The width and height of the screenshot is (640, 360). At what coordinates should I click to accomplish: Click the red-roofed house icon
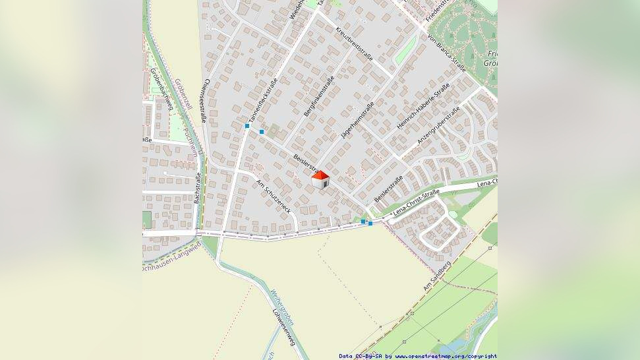coord(320,179)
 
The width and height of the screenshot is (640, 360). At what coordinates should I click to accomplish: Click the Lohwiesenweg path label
coord(283,326)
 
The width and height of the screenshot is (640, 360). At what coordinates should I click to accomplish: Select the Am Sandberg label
coord(437,276)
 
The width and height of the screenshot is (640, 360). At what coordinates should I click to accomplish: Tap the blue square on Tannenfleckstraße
coord(247,125)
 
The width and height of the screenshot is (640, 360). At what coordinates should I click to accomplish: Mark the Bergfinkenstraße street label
coord(319,97)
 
